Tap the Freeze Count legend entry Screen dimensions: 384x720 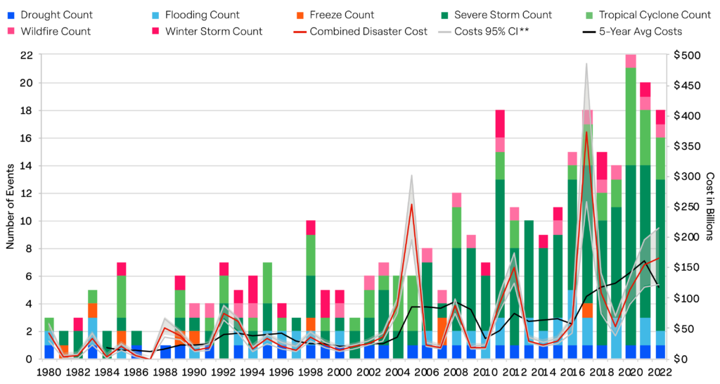[x=341, y=15]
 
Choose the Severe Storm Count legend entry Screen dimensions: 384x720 [x=502, y=15]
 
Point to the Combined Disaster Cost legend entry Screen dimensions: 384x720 [x=368, y=31]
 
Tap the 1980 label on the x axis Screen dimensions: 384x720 [x=49, y=372]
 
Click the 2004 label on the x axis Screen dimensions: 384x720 [x=397, y=372]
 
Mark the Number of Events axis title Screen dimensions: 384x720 [x=11, y=207]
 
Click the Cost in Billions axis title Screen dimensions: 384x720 [x=710, y=207]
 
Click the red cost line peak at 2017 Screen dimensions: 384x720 [x=586, y=132]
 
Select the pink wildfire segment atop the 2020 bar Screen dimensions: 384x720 [x=631, y=61]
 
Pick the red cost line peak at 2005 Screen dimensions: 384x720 [x=411, y=205]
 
